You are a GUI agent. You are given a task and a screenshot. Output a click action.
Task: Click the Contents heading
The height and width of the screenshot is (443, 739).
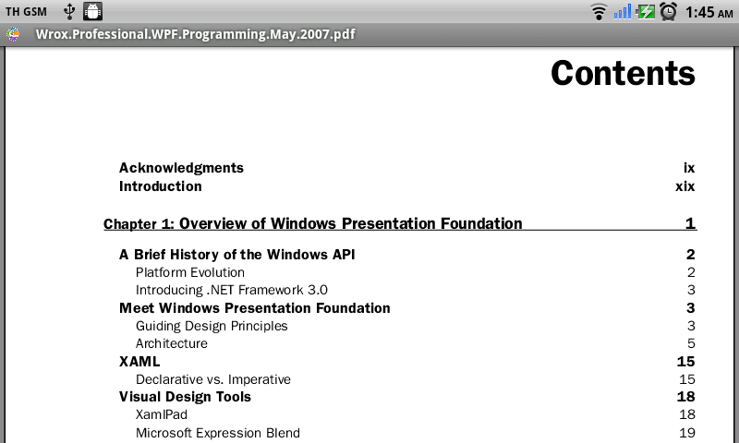[x=623, y=74]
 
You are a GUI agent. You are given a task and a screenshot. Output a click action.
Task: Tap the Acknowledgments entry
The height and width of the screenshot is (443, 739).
[x=181, y=168]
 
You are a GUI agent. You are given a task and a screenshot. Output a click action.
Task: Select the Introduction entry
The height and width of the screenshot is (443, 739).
[x=160, y=186]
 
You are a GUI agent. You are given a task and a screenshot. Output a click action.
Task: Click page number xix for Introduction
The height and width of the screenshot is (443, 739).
[x=684, y=186]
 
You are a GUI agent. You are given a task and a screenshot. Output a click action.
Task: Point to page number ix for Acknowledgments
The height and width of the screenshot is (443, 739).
[x=689, y=168]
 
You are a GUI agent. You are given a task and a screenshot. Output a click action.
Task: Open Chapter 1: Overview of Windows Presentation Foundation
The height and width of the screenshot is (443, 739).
[x=312, y=223]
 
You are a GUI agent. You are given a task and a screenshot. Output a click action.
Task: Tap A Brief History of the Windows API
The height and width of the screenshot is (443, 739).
[x=236, y=255]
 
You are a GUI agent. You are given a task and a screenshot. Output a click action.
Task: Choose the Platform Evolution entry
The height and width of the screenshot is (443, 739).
[x=190, y=272]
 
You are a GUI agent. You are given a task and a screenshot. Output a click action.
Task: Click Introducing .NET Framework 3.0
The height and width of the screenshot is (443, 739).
[x=232, y=290]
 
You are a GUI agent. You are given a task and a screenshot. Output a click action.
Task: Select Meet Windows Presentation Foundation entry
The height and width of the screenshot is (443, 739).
[x=255, y=308]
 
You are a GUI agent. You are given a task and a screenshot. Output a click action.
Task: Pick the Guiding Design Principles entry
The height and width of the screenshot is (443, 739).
[x=212, y=326]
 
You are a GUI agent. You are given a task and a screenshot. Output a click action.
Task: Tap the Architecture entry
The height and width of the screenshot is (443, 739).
[x=172, y=343]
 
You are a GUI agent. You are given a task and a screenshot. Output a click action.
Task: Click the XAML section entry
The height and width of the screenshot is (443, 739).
[x=139, y=362]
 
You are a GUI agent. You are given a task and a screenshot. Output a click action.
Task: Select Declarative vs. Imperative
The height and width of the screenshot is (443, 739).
[x=213, y=379]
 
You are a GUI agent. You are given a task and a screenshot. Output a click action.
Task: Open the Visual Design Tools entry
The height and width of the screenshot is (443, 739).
[x=185, y=397]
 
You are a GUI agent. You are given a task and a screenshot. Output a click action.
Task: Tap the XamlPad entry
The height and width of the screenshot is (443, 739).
[x=161, y=414]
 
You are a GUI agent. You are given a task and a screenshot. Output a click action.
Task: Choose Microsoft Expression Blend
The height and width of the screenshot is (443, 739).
[x=218, y=433]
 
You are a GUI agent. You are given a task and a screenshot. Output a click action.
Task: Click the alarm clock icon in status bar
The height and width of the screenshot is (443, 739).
[x=668, y=11]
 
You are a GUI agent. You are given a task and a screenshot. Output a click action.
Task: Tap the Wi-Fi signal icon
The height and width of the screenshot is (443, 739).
[x=599, y=12]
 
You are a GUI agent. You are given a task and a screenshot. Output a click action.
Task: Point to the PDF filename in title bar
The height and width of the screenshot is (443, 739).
[x=196, y=34]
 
